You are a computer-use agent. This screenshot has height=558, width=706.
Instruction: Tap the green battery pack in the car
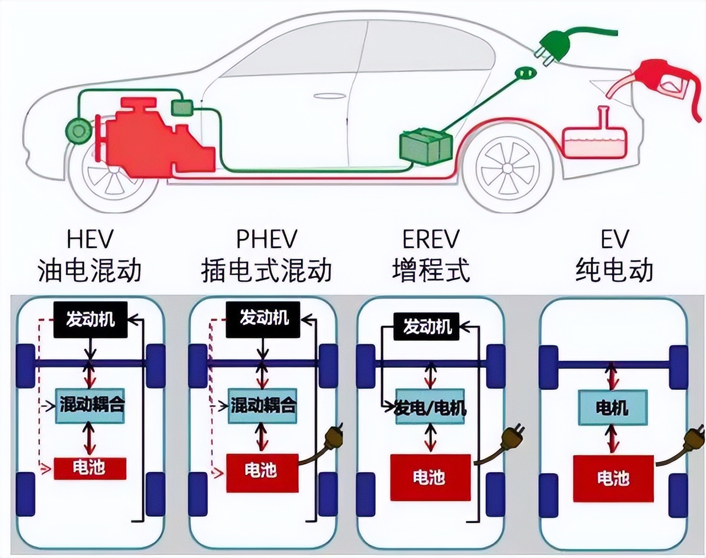click(x=425, y=146)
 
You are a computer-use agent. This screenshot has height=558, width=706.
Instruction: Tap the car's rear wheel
click(x=507, y=168)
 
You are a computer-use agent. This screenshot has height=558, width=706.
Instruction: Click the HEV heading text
click(x=89, y=239)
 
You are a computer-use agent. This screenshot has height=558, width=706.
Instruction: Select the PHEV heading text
click(x=266, y=239)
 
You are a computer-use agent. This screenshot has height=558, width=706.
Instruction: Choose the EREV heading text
click(x=431, y=239)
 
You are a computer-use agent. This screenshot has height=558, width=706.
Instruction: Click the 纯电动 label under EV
click(x=614, y=270)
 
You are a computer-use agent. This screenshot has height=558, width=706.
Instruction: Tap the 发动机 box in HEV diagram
click(x=90, y=319)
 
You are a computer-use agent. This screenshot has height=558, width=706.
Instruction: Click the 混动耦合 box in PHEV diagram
click(x=263, y=406)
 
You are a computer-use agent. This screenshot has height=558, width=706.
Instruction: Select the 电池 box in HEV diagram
click(x=90, y=468)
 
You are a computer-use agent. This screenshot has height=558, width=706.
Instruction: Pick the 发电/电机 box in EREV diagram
click(x=430, y=408)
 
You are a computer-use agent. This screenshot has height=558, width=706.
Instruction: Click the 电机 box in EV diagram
click(x=612, y=408)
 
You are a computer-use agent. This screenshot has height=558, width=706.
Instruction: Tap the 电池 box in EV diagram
click(x=613, y=478)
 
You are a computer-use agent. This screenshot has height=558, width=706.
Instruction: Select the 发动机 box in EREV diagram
click(x=426, y=327)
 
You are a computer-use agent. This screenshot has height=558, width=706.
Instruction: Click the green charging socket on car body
click(x=525, y=73)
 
